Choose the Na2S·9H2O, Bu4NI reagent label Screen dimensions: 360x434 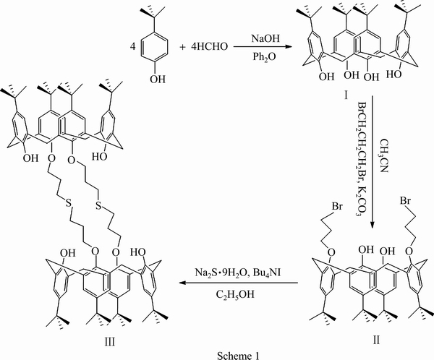[239, 273]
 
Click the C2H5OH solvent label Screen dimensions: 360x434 [239, 296]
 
